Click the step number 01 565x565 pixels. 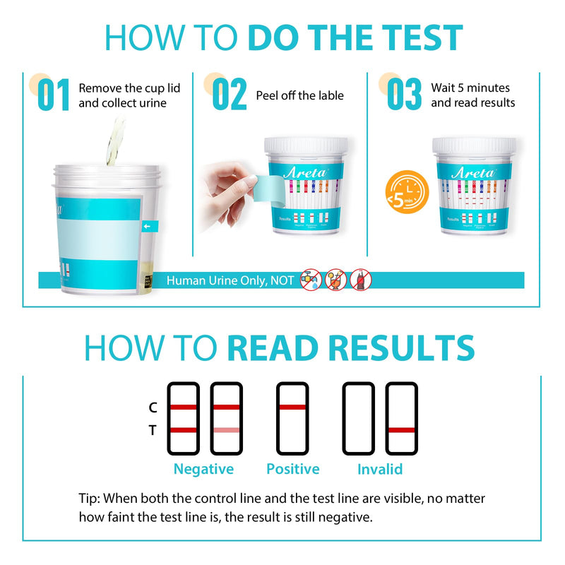pyautogui.click(x=54, y=95)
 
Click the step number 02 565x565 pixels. pyautogui.click(x=230, y=95)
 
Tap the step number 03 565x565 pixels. pyautogui.click(x=404, y=95)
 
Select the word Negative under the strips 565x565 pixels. pyautogui.click(x=203, y=469)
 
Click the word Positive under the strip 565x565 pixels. pyautogui.click(x=292, y=469)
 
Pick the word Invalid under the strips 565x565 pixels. pyautogui.click(x=380, y=469)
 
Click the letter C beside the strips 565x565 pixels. pyautogui.click(x=153, y=408)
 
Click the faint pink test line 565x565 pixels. pyautogui.click(x=226, y=430)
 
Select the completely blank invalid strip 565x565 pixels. pyautogui.click(x=358, y=418)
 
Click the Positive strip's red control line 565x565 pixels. pyautogui.click(x=292, y=408)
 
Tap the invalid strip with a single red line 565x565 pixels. pyautogui.click(x=401, y=418)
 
